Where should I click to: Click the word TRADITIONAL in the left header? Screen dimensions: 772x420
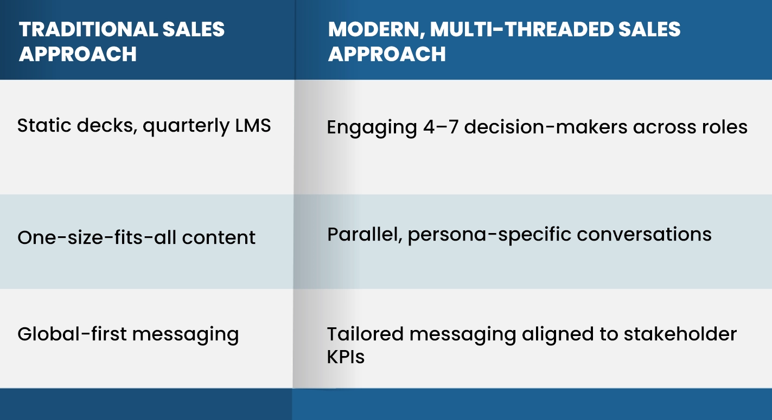[x=88, y=29]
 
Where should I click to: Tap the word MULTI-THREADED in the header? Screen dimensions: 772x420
[x=522, y=29]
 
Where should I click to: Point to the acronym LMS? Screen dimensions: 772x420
[x=253, y=125]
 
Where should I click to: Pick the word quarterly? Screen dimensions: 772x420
[x=187, y=127]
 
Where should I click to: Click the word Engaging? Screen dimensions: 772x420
[x=372, y=128]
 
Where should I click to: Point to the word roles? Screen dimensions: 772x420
[x=725, y=127]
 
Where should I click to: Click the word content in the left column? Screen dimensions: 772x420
[x=219, y=238]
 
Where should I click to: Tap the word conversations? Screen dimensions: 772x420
[x=644, y=235]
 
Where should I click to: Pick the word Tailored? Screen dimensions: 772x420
[x=365, y=334]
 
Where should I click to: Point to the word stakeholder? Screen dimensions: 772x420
[x=680, y=334]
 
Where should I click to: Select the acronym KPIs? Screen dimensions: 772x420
[x=346, y=356]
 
